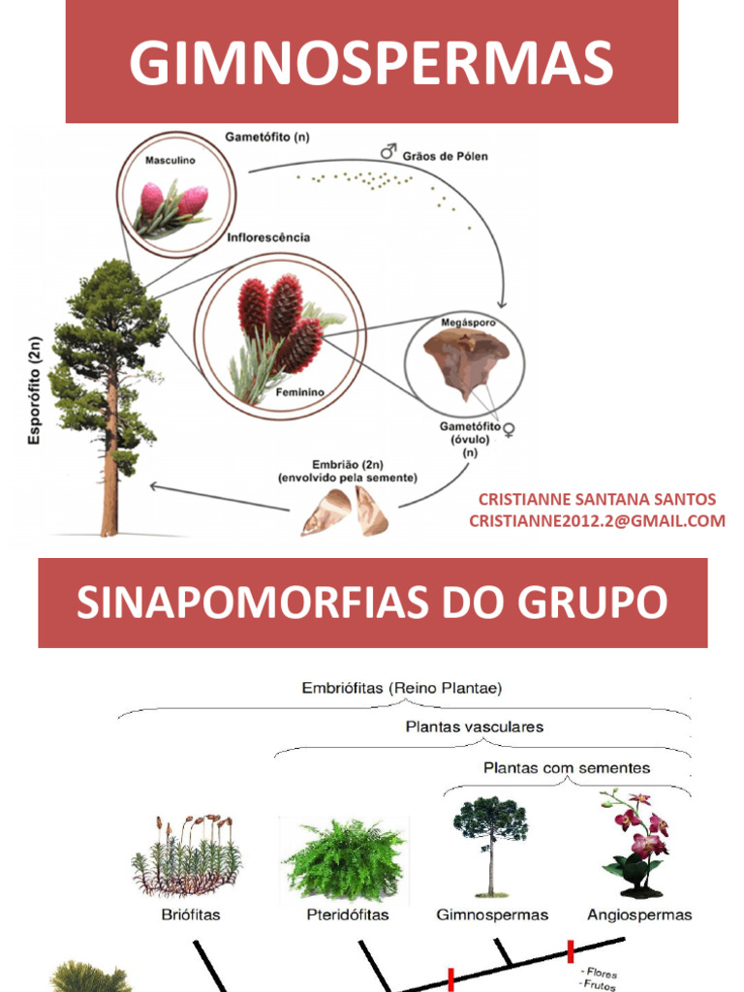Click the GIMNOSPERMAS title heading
tap(372, 63)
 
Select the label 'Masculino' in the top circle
tap(166, 161)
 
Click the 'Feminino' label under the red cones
tap(299, 392)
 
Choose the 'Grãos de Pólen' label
tap(445, 156)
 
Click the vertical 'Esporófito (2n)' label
tap(35, 390)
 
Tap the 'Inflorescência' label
tap(268, 237)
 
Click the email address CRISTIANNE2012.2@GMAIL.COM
tap(597, 521)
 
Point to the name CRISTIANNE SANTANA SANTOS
tap(597, 500)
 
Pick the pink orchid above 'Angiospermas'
tap(639, 840)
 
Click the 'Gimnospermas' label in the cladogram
tap(492, 914)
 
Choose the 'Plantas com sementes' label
tap(567, 768)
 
